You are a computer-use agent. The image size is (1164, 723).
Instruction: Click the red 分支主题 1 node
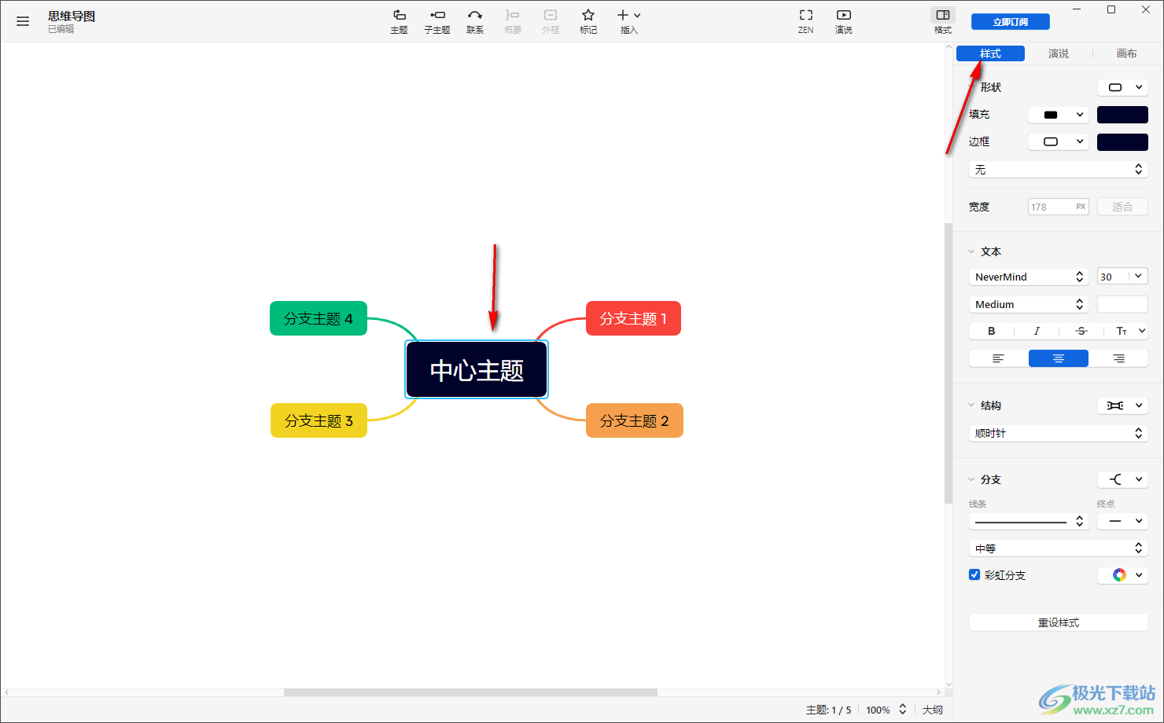click(633, 318)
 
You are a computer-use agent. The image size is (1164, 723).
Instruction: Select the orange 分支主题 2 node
click(635, 420)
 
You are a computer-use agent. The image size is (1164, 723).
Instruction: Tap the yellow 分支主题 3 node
click(319, 420)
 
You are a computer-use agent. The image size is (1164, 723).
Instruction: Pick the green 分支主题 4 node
click(318, 318)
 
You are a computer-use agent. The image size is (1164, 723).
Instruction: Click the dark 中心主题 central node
click(477, 370)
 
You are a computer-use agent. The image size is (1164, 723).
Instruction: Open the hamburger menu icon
click(22, 21)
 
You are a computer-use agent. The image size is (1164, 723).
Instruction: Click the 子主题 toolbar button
click(437, 22)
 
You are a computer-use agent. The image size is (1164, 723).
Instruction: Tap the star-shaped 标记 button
click(588, 22)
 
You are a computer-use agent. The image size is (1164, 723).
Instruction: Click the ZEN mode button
click(805, 22)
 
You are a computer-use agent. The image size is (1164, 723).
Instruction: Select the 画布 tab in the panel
click(1126, 53)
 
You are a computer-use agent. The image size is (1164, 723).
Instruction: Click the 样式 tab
click(990, 53)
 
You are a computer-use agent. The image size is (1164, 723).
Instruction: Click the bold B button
click(992, 331)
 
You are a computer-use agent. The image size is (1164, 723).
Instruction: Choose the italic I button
click(1037, 331)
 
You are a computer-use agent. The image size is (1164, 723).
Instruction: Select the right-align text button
click(1118, 358)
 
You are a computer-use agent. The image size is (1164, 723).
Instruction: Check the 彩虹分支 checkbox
click(974, 574)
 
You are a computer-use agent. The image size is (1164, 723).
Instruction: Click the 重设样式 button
click(1059, 622)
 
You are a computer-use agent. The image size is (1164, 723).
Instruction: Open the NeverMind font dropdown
click(1029, 277)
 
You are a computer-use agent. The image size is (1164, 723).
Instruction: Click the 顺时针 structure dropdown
click(1059, 433)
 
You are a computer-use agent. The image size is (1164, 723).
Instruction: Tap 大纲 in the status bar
click(932, 710)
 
